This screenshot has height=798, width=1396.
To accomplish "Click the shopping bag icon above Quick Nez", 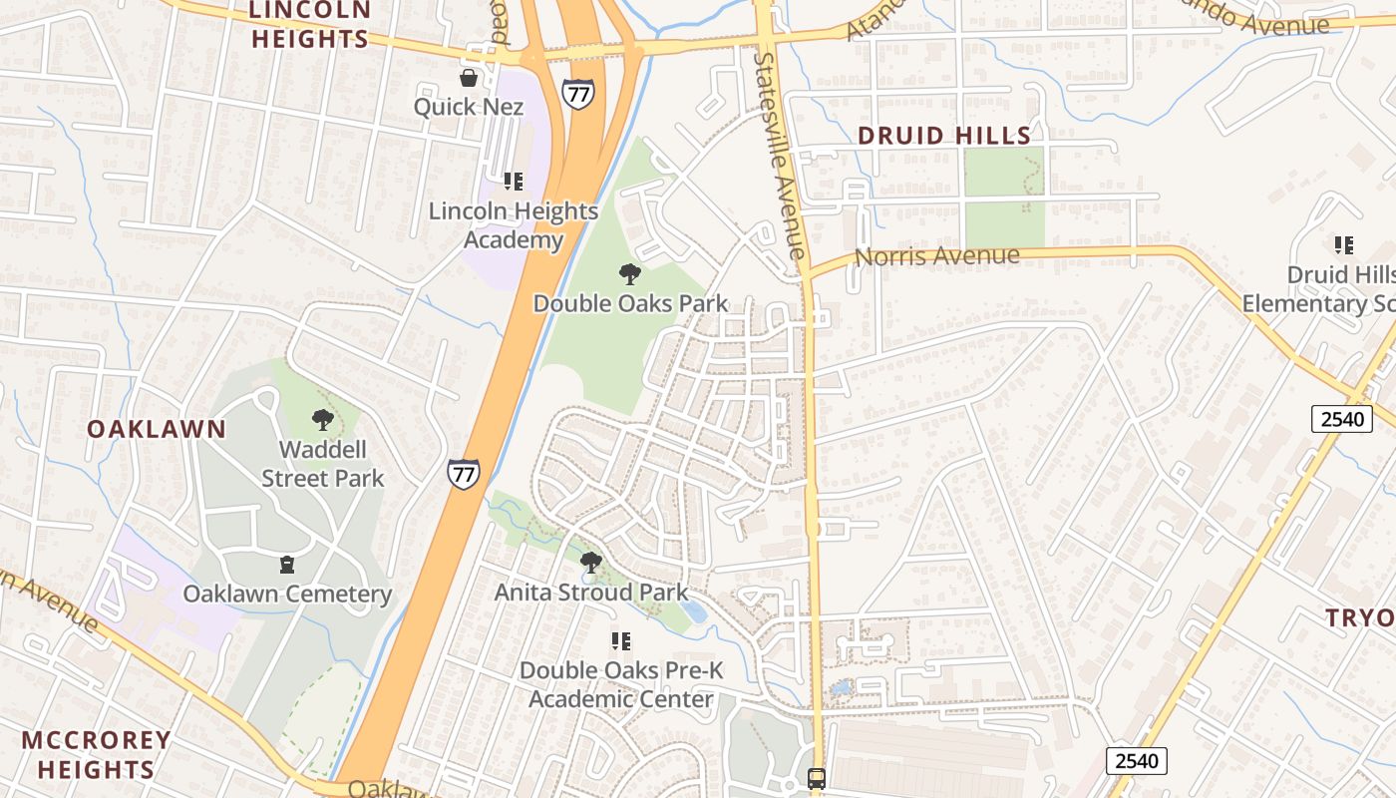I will (468, 78).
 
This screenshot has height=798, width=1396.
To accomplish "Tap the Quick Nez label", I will (468, 106).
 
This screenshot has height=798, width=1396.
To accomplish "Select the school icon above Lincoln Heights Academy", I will (514, 182).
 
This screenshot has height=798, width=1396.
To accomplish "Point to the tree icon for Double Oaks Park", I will (629, 273).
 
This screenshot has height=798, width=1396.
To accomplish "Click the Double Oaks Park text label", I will (630, 303).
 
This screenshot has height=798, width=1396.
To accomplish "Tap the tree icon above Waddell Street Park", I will (322, 420).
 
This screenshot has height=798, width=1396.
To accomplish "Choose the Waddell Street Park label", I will (322, 464).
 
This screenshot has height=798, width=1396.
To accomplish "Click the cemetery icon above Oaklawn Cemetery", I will (287, 566).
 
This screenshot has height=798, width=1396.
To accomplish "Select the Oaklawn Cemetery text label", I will (287, 595).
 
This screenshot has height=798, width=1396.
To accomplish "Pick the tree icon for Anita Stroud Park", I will (590, 563).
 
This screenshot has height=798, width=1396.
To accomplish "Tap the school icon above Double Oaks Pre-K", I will (621, 641).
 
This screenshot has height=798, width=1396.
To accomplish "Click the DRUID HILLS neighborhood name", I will (944, 136).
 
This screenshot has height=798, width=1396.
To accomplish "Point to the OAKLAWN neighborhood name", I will (157, 429).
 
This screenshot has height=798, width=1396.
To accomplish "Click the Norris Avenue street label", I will (938, 256).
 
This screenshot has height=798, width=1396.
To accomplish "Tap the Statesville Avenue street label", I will (779, 155).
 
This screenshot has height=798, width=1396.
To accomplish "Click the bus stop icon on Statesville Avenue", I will (817, 778).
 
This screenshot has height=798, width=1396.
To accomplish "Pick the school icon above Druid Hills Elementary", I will (1343, 245).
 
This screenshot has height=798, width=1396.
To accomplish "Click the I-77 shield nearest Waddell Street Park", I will (463, 474).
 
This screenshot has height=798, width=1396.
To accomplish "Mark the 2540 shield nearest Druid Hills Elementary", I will (1341, 419).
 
